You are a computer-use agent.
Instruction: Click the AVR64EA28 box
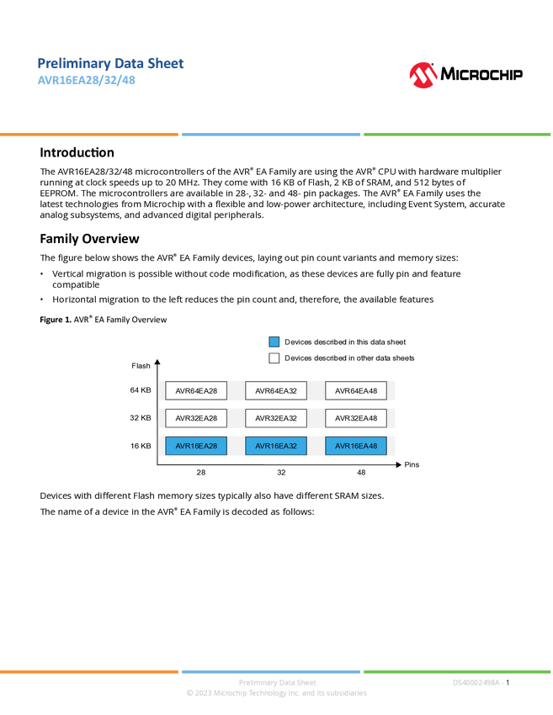point(196,390)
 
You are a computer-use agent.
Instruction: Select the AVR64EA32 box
point(276,390)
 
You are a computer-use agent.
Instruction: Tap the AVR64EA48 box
point(356,390)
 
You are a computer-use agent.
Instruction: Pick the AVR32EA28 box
point(196,418)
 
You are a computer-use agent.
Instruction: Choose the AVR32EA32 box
point(276,418)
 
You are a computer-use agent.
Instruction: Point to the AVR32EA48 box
point(356,418)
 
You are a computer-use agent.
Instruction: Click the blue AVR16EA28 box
point(196,446)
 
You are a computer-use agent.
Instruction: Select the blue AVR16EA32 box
point(276,446)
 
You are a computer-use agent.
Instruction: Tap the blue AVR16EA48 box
point(356,446)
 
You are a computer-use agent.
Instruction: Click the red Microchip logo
point(423,76)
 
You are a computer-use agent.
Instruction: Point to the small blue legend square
point(274,342)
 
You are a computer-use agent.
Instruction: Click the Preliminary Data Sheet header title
point(111,63)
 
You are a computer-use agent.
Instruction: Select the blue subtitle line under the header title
point(86,82)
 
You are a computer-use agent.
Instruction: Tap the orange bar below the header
point(89,135)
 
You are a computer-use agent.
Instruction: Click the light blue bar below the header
point(271,135)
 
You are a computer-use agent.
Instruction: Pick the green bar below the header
point(457,135)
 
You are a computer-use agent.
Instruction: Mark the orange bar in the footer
point(89,671)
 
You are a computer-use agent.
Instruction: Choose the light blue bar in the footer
point(271,671)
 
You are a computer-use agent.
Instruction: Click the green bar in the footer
point(457,671)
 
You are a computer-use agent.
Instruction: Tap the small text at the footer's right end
point(478,682)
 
